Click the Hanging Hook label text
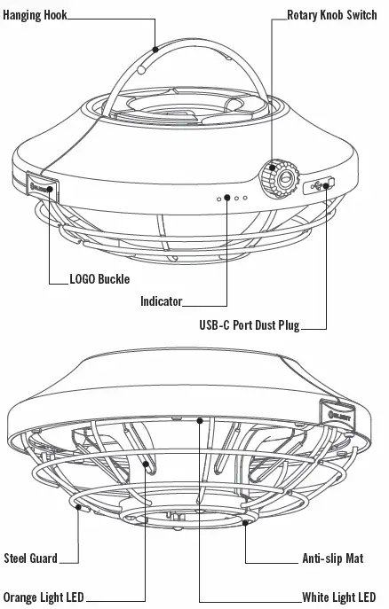35,15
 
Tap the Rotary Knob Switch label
332,15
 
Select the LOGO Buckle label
99,279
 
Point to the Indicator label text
161,301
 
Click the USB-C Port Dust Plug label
250,324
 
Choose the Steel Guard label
31,558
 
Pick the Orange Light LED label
44,597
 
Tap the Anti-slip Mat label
333,558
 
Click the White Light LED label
339,597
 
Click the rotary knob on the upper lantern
280,178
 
